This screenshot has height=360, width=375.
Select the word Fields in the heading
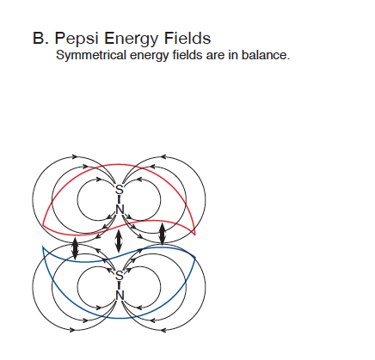187,38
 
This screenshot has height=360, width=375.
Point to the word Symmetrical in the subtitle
91,55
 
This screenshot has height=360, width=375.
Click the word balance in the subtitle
266,55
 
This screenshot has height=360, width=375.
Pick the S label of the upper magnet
119,190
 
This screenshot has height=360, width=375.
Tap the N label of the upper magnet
120,210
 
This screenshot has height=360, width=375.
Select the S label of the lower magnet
119,276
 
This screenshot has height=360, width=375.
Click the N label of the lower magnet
120,296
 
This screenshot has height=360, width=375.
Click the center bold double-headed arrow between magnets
118,241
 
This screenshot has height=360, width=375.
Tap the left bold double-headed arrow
75,248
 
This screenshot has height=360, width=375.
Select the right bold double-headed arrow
163,234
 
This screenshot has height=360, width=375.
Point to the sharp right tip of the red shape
195,235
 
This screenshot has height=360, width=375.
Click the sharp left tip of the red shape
43,225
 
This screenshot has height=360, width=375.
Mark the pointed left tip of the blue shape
43,247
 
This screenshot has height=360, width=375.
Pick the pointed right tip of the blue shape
195,258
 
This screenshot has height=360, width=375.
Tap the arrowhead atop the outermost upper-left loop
75,156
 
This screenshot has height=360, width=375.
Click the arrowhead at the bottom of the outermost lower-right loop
163,330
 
